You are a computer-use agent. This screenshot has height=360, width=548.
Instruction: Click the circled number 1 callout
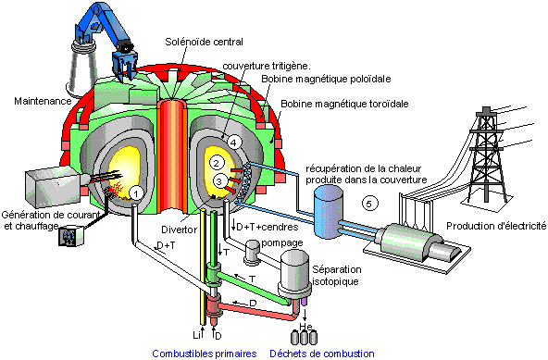pyautogui.click(x=136, y=192)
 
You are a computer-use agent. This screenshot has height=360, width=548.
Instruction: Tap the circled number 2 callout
pyautogui.click(x=216, y=164)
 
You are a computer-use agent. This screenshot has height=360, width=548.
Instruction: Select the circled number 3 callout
pyautogui.click(x=218, y=180)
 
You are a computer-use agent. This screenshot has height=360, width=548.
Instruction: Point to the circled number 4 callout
pyautogui.click(x=234, y=142)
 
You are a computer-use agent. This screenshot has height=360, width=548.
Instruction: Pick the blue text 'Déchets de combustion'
pyautogui.click(x=321, y=353)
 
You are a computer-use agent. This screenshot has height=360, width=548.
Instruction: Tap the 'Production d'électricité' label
pyautogui.click(x=495, y=226)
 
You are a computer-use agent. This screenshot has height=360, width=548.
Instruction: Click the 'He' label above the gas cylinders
pyautogui.click(x=303, y=327)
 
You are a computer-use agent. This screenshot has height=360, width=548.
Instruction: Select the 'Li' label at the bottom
pyautogui.click(x=195, y=330)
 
